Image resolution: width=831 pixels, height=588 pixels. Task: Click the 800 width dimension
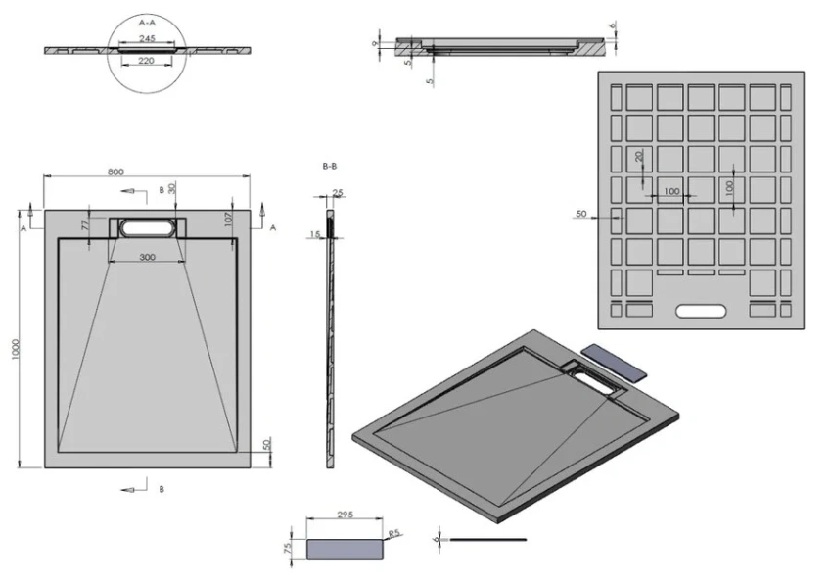tap(115, 172)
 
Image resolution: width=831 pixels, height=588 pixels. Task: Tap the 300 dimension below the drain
tap(147, 257)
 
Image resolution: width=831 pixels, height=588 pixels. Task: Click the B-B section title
tap(331, 168)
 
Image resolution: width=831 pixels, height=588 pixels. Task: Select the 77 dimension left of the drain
tap(85, 224)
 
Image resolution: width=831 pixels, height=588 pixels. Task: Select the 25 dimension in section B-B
tap(338, 193)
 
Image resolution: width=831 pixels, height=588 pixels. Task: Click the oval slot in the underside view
tap(700, 312)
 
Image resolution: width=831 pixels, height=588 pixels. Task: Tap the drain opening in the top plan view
tap(147, 227)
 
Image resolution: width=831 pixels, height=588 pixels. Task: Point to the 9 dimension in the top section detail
tap(376, 43)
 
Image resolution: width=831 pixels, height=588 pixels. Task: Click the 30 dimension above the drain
tap(172, 188)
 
